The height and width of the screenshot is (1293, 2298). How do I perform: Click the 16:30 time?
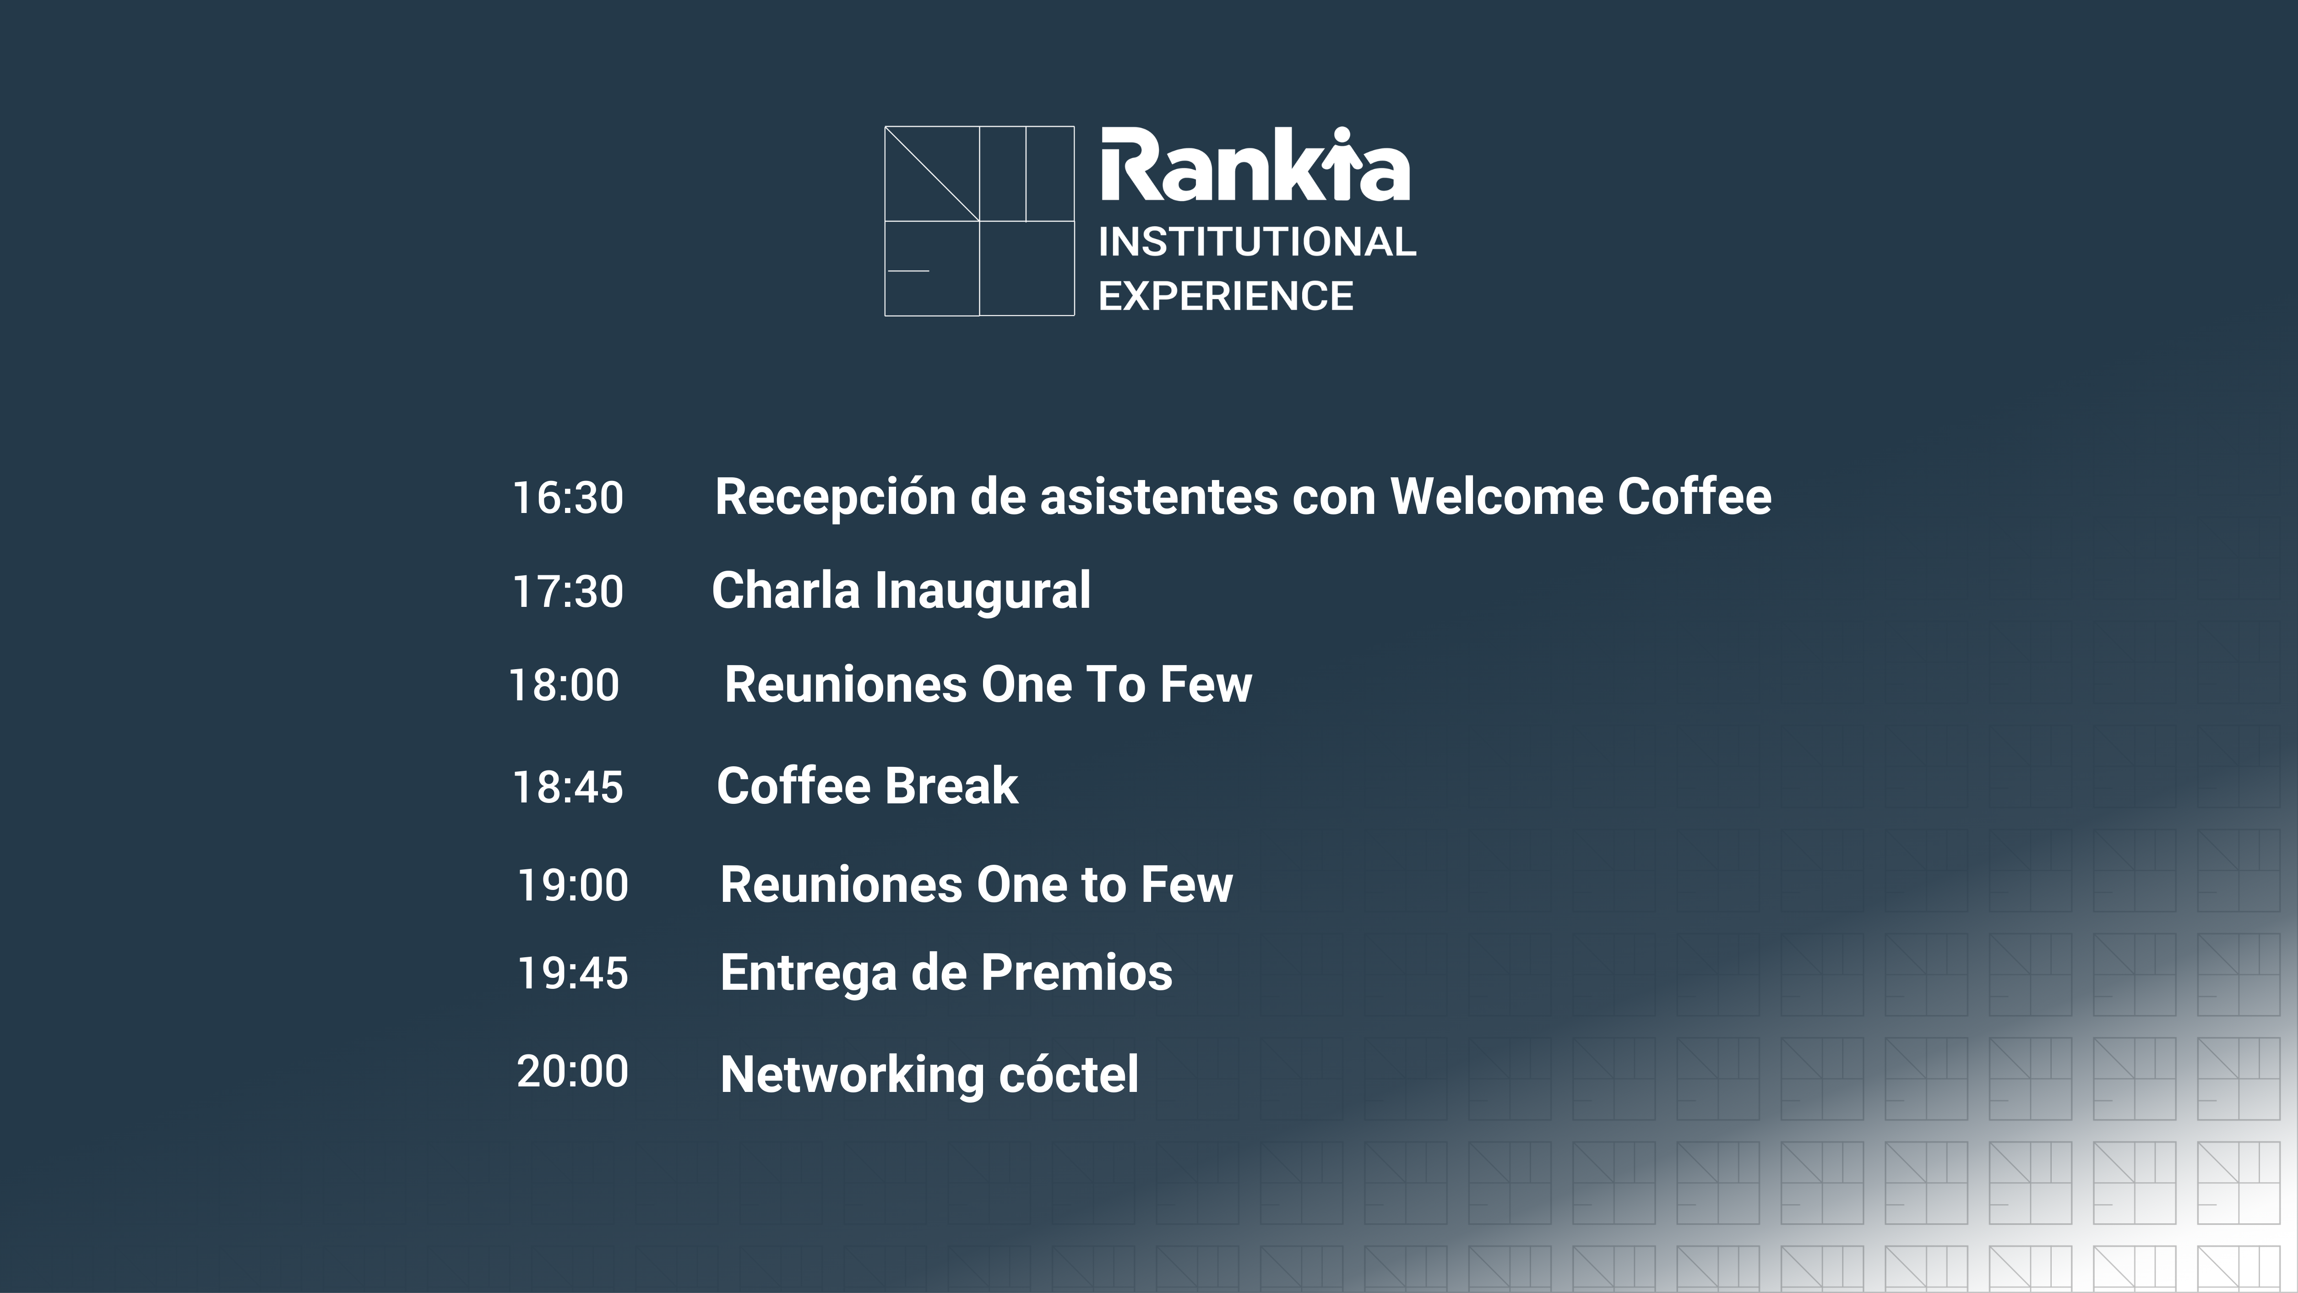[568, 498]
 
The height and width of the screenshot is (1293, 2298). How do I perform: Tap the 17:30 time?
[568, 592]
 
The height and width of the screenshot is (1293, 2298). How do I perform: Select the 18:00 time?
[564, 685]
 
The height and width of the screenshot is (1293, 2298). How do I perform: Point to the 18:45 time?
[568, 787]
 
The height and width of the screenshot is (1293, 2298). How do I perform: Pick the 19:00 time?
[573, 885]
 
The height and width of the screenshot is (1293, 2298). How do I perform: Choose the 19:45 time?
[573, 973]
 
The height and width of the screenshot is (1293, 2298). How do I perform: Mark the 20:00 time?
[573, 1071]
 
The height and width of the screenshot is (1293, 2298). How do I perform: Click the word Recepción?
[836, 497]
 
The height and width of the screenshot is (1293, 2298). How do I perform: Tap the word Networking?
[852, 1075]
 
